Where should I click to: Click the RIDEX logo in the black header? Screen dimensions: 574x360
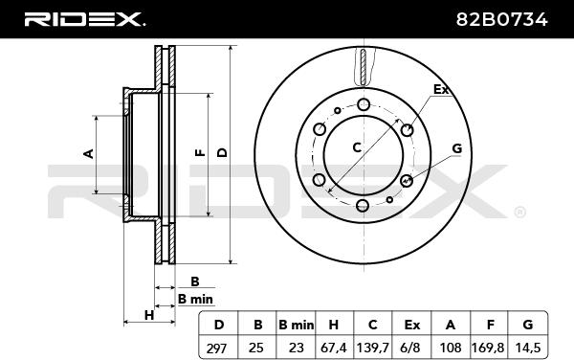84,19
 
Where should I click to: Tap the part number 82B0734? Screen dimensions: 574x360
501,19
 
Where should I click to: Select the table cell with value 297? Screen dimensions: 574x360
217,348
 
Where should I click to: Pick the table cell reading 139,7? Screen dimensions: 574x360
373,348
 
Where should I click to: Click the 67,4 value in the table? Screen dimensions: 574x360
334,348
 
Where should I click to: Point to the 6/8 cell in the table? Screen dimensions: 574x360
411,348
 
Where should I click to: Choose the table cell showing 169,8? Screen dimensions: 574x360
489,348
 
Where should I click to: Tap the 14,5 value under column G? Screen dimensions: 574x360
527,348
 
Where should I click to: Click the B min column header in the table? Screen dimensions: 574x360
297,325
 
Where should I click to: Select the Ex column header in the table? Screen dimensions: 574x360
411,325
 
